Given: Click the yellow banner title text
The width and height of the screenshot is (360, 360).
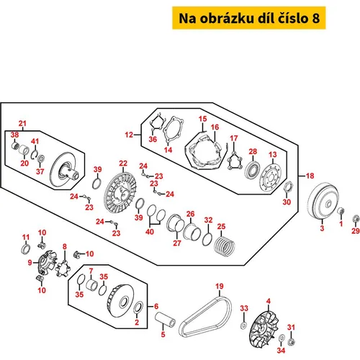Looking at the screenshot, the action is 249,18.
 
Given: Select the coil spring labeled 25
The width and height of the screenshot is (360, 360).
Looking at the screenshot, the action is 225,246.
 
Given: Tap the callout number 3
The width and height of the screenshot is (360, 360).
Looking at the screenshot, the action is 322,228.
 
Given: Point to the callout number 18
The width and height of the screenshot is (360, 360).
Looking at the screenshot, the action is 310,176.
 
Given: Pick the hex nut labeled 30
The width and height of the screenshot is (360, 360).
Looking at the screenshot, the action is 287,186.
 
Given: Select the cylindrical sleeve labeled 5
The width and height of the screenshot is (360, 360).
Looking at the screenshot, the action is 165,319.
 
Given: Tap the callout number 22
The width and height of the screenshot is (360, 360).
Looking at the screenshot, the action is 123,163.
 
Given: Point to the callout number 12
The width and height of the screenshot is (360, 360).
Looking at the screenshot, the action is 129,135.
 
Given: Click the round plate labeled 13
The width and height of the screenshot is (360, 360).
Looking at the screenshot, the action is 271,178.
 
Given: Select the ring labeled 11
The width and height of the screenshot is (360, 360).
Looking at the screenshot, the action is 26,249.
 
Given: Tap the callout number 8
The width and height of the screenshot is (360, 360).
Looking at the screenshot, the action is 65,246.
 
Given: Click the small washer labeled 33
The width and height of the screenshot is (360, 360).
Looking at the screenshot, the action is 243,325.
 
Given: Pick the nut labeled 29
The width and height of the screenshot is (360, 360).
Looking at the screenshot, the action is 356,219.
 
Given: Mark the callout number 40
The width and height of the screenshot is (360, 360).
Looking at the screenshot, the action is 150,232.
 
